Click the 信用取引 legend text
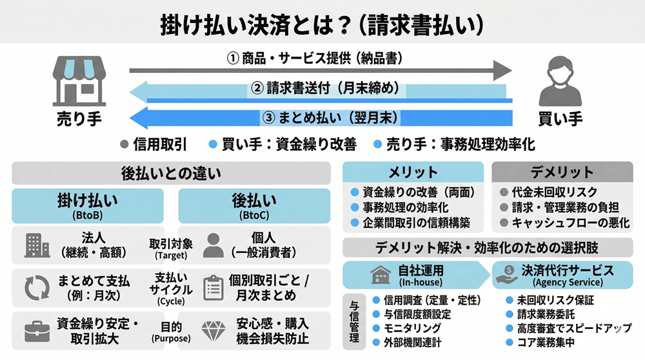pyautogui.click(x=160, y=145)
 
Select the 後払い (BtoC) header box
pyautogui.click(x=254, y=206)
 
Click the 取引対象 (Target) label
pyautogui.click(x=171, y=248)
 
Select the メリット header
pyautogui.click(x=413, y=172)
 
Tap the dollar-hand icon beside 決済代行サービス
pyautogui.click(x=505, y=275)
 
